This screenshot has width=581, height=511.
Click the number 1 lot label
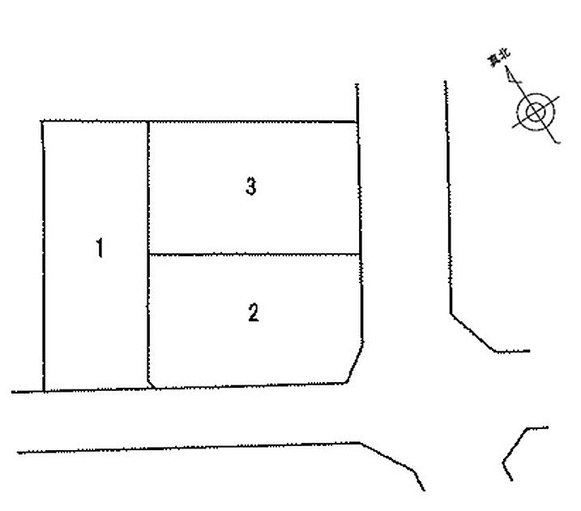pyautogui.click(x=100, y=248)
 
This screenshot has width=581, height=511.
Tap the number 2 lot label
pyautogui.click(x=254, y=312)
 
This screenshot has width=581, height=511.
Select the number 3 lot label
pyautogui.click(x=251, y=187)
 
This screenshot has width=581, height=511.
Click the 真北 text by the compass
pyautogui.click(x=498, y=58)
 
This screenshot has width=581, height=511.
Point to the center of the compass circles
pyautogui.click(x=536, y=111)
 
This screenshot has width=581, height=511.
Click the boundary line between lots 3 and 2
pyautogui.click(x=254, y=255)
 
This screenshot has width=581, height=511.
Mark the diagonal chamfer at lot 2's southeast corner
pyautogui.click(x=354, y=363)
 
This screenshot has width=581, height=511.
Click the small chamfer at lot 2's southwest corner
pyautogui.click(x=152, y=384)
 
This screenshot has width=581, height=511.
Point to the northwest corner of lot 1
pyautogui.click(x=42, y=121)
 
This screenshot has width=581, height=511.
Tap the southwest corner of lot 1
pyautogui.click(x=44, y=391)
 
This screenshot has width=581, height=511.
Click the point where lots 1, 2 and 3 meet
pyautogui.click(x=148, y=255)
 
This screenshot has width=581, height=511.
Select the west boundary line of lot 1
pyautogui.click(x=44, y=255)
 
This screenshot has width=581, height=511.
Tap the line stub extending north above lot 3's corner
pyautogui.click(x=357, y=103)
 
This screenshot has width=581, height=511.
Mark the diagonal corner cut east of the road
pyautogui.click(x=473, y=333)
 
